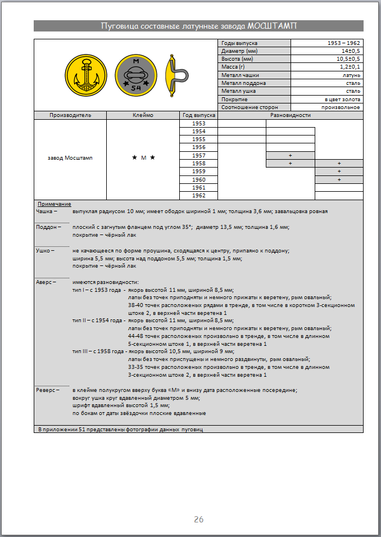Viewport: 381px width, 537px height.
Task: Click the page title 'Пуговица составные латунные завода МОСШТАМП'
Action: (198, 26)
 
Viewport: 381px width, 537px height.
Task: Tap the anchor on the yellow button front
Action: (86, 74)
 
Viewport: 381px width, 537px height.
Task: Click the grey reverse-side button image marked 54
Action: (136, 74)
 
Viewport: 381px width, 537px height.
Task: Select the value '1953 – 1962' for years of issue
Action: (343, 43)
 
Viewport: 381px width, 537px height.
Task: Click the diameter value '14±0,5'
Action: (349, 51)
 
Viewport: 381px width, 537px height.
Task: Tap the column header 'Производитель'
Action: (70, 115)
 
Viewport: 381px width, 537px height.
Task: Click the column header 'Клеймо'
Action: (143, 115)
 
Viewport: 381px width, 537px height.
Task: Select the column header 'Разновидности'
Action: (291, 115)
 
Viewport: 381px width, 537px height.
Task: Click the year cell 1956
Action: (198, 147)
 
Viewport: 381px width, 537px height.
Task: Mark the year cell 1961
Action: (198, 187)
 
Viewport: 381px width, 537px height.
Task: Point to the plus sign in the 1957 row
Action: (290, 155)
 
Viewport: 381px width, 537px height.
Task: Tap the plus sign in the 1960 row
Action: (339, 179)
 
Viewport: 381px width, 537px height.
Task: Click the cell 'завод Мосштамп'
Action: (70, 158)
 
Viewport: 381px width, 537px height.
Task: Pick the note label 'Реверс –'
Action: (47, 390)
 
